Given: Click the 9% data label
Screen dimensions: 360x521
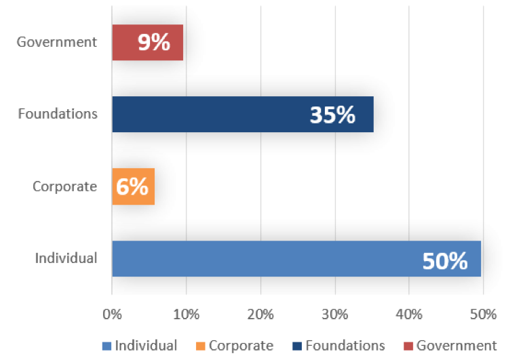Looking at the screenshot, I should coord(153,43).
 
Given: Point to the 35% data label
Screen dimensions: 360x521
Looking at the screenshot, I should coord(332,115).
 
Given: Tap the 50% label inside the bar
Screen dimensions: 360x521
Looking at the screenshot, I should coord(445,260).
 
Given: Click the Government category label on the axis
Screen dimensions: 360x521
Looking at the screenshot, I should coord(57,42).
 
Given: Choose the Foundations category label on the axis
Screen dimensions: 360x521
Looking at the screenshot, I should coord(58,114).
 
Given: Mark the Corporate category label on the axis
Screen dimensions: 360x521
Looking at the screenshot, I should coord(64,186).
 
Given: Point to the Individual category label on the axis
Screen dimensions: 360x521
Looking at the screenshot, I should coord(66,258).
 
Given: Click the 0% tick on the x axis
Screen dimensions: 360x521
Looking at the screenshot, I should coord(112,315).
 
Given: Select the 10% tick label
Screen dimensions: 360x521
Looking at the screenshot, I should coord(186,315).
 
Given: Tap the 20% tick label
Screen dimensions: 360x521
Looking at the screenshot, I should coord(260,315).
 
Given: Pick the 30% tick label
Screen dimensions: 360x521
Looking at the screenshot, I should coord(334,315).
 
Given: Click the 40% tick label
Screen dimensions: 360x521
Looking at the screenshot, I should coord(408,315).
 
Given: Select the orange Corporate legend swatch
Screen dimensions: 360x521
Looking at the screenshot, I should coord(200,346).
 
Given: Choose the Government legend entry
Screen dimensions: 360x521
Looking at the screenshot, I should coord(450,346).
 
